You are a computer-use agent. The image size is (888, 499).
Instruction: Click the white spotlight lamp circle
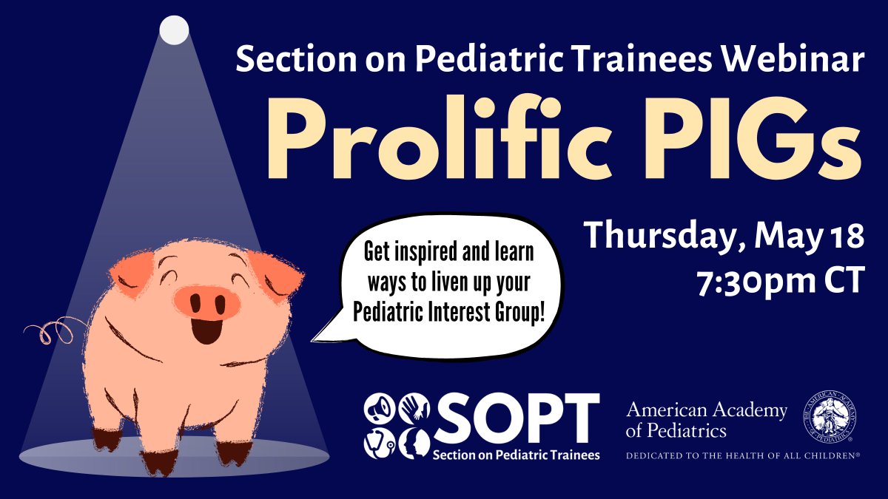175,29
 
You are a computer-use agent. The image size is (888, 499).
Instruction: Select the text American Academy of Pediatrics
706,419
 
